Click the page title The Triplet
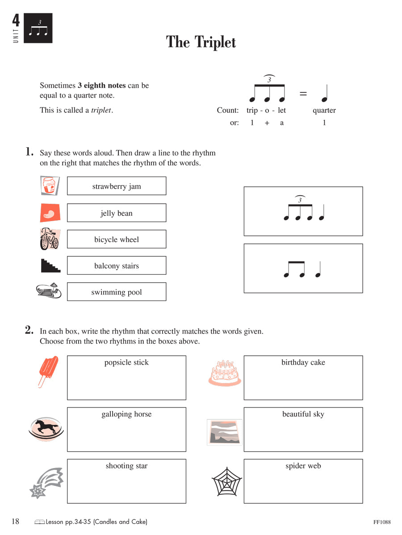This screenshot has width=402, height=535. pos(201,42)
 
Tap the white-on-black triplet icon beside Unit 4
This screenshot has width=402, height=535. pos(38,28)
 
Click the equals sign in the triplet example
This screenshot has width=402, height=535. pos(303,94)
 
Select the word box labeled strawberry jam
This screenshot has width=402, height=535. pos(117,186)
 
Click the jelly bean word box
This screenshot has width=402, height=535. pos(117,213)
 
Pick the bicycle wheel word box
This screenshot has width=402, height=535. pos(117,239)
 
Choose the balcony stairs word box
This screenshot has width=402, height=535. pos(117,266)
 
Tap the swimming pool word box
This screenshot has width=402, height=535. pos(117,292)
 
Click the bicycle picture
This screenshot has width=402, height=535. pos(49,239)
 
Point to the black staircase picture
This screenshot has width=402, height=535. pos(50,266)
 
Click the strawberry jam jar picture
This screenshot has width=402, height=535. pos(50,186)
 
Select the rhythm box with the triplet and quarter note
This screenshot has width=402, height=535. pos(303,211)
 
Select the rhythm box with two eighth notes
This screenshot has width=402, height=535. pos(303,268)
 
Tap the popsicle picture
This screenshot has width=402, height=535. pos(48,371)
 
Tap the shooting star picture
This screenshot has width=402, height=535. pos(46,483)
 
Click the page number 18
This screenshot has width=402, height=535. pos(15,522)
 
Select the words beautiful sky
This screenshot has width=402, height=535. pos(303,414)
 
